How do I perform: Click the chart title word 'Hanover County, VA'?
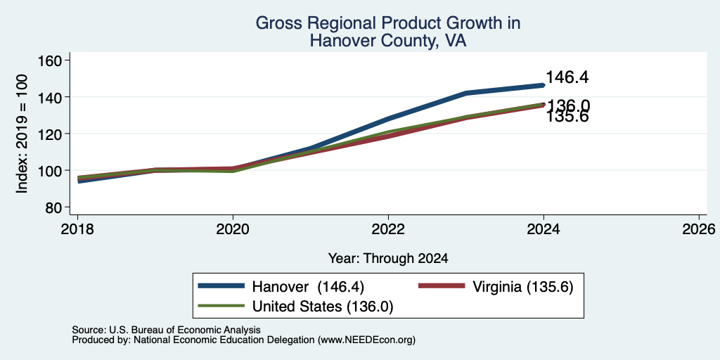click(x=388, y=41)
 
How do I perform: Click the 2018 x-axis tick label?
click(x=77, y=229)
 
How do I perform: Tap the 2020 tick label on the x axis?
click(x=233, y=229)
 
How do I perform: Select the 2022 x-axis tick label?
click(x=388, y=229)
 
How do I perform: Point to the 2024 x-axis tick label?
click(x=544, y=229)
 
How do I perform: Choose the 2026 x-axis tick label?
click(x=699, y=229)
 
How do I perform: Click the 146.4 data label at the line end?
click(x=567, y=77)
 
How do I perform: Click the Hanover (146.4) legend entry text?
click(x=308, y=287)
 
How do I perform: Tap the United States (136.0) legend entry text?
click(x=323, y=307)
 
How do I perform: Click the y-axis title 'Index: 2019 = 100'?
click(x=22, y=134)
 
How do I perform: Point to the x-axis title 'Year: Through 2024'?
click(x=388, y=259)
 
